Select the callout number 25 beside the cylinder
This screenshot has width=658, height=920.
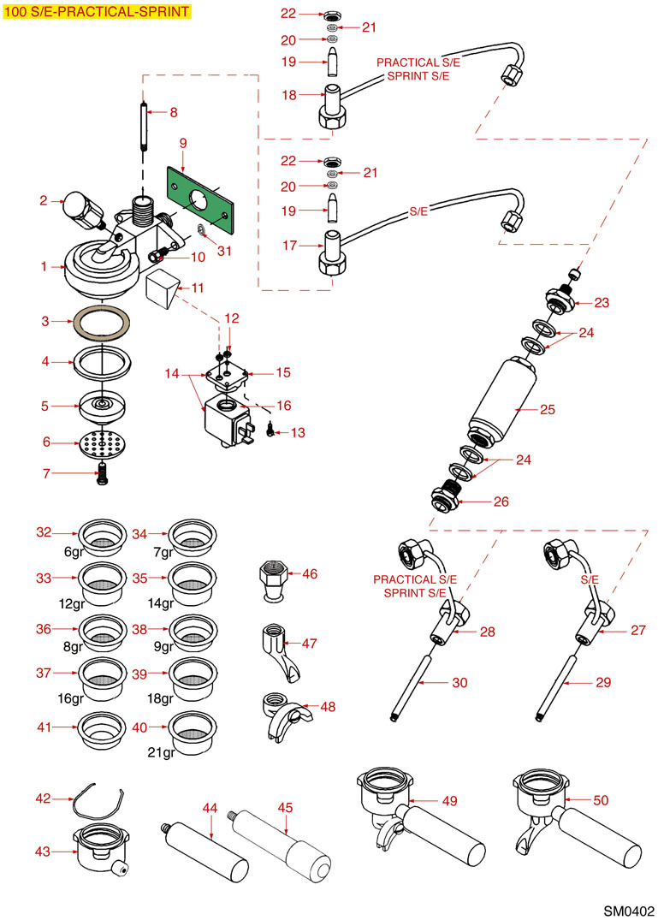pyautogui.click(x=548, y=410)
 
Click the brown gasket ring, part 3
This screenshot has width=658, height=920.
pyautogui.click(x=102, y=323)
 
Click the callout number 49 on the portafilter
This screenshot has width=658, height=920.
pyautogui.click(x=449, y=801)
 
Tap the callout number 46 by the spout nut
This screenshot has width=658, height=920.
pyautogui.click(x=309, y=574)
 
